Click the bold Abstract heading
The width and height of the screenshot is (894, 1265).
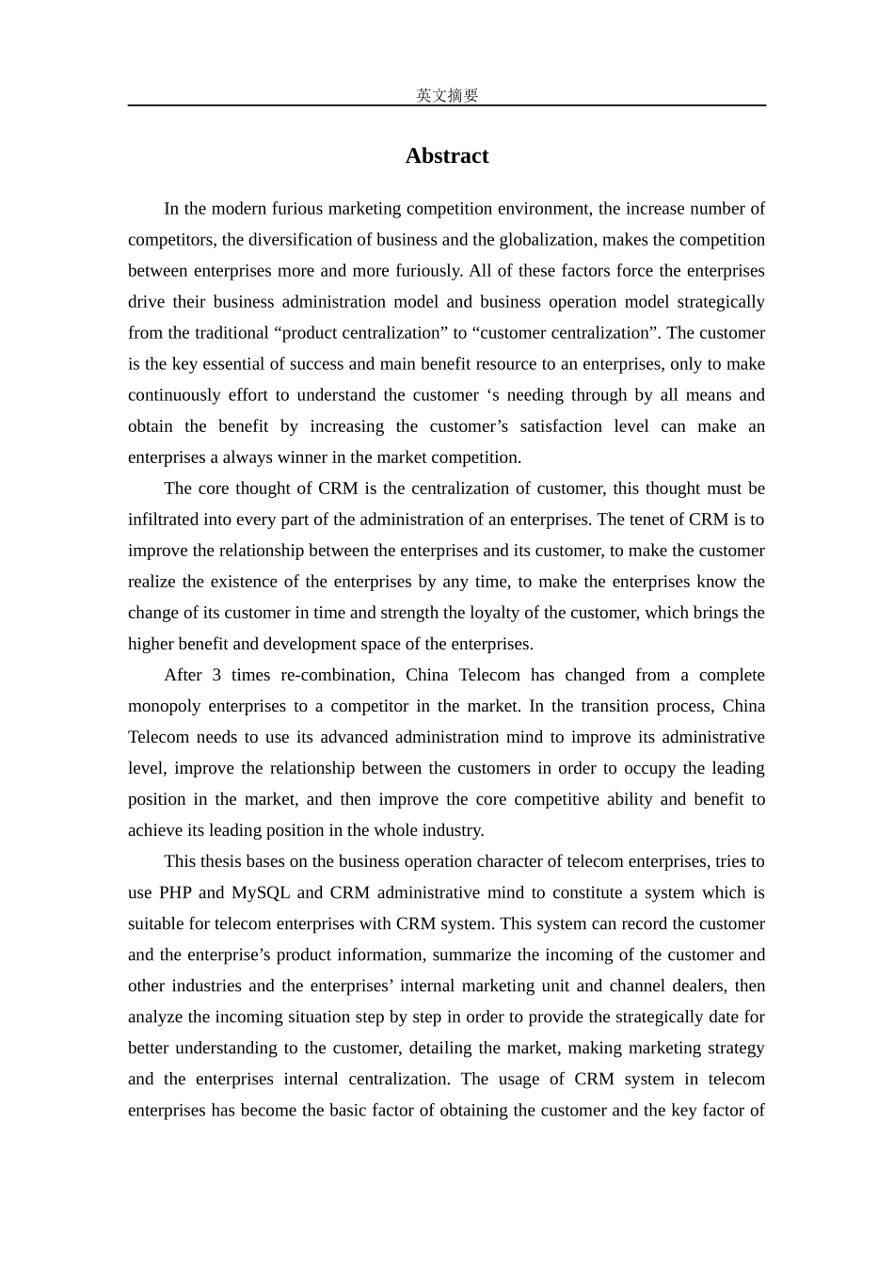click(446, 156)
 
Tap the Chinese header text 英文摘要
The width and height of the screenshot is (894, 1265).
click(447, 95)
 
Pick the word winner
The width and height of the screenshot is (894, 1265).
click(308, 457)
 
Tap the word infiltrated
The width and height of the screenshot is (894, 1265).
click(165, 520)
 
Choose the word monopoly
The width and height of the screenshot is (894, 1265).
click(164, 706)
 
